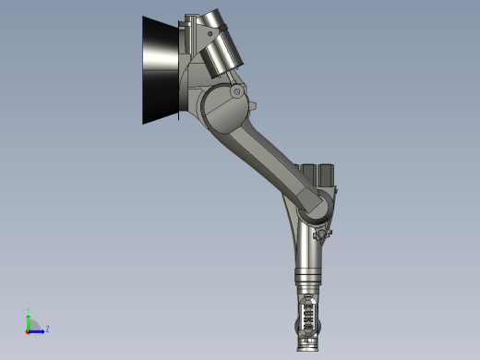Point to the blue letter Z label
[47, 329]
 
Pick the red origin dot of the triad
[28, 330]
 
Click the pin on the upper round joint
[237, 91]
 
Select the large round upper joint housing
[220, 109]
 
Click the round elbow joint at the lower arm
[315, 207]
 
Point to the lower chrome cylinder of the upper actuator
[222, 57]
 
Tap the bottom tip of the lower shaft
[307, 348]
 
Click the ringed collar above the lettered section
[308, 280]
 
